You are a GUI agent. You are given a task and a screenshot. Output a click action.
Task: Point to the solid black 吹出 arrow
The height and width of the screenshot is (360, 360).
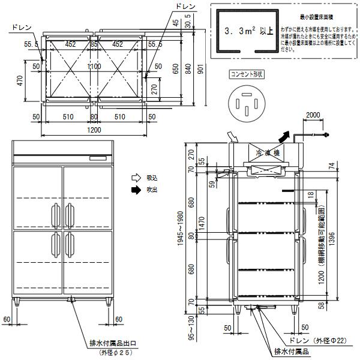136,190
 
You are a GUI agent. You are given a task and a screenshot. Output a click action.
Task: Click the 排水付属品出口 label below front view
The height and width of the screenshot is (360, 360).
113,344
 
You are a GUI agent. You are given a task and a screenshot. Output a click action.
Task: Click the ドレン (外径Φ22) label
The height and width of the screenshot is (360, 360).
320,340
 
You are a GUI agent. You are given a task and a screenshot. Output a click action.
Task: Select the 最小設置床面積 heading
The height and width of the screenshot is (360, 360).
314,19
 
